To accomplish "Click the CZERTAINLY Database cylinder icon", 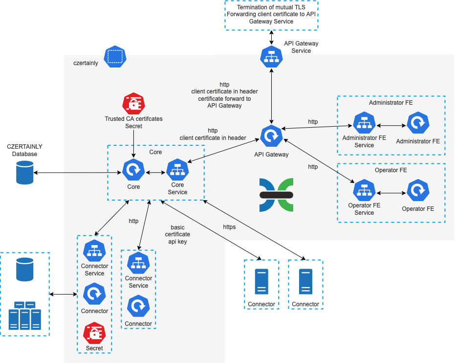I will [25, 173].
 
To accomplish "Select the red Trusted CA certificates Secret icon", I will [133, 104].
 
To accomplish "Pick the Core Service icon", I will [177, 170].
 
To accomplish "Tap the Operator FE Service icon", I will [364, 191].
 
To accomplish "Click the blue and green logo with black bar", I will [276, 195].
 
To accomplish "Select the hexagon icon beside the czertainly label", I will [115, 57].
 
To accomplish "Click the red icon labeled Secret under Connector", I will [94, 333].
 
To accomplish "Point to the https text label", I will [229, 227].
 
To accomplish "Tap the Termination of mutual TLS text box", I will [271, 14].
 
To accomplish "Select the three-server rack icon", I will [24, 316].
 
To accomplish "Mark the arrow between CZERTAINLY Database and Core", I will [78, 173].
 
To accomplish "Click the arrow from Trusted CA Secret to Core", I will [133, 144].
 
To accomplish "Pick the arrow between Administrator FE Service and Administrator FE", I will [391, 125].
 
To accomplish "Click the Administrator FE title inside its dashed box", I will [390, 103].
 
